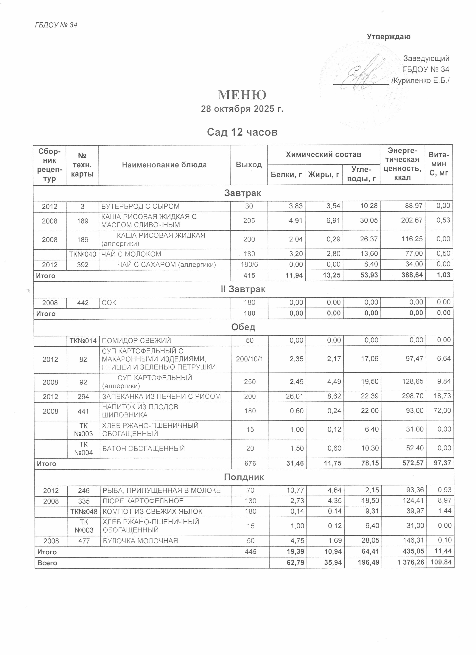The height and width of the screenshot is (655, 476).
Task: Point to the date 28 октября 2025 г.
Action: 242,109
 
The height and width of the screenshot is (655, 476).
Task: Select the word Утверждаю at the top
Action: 388,37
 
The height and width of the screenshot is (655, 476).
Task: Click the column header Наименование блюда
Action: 164,165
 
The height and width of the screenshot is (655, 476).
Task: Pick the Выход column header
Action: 248,165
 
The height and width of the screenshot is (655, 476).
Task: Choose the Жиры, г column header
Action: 324,174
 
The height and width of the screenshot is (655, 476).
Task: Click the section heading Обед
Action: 243,327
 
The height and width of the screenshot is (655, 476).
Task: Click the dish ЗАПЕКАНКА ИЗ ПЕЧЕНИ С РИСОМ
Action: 161,397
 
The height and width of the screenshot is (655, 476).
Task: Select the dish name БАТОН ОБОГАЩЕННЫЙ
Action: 144,448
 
